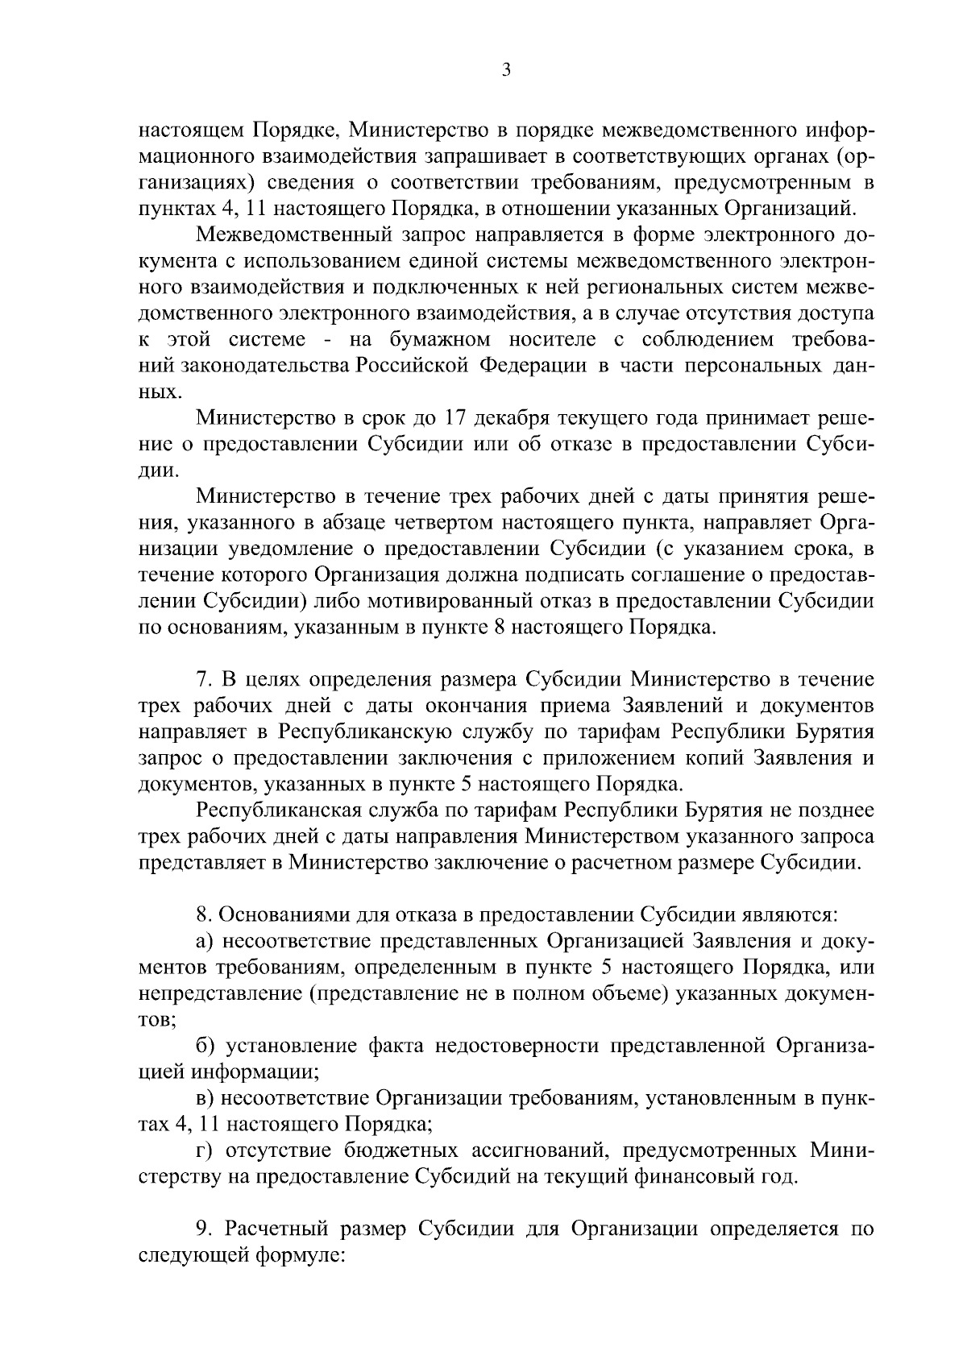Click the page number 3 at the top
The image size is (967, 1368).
[505, 70]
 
